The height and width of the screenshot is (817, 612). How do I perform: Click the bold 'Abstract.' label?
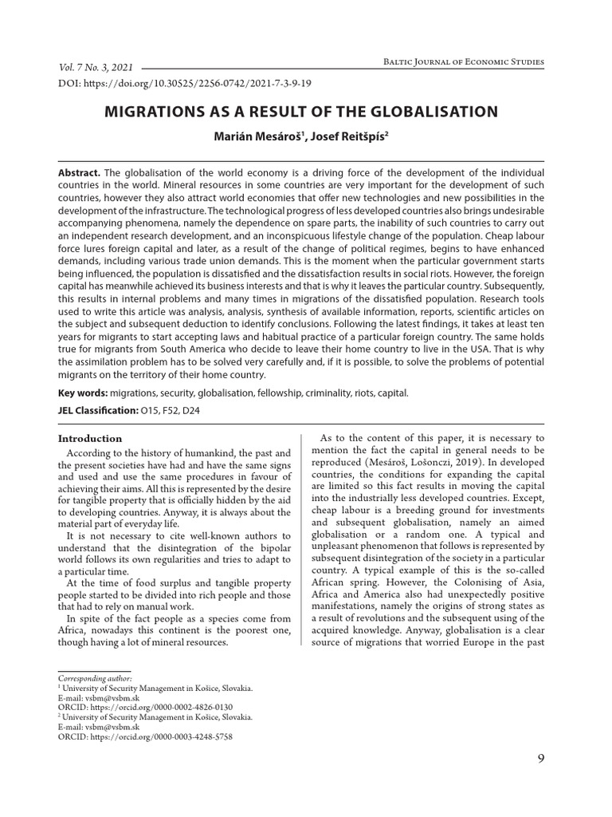pos(80,173)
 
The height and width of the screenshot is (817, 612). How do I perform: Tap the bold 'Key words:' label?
pos(84,393)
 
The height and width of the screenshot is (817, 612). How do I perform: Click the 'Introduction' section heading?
pos(90,438)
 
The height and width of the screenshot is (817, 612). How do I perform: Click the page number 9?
pos(541,759)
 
